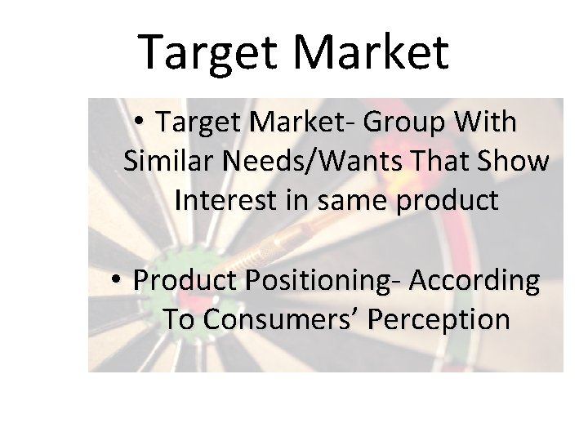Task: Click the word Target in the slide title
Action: (x=209, y=51)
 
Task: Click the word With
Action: (x=488, y=122)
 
